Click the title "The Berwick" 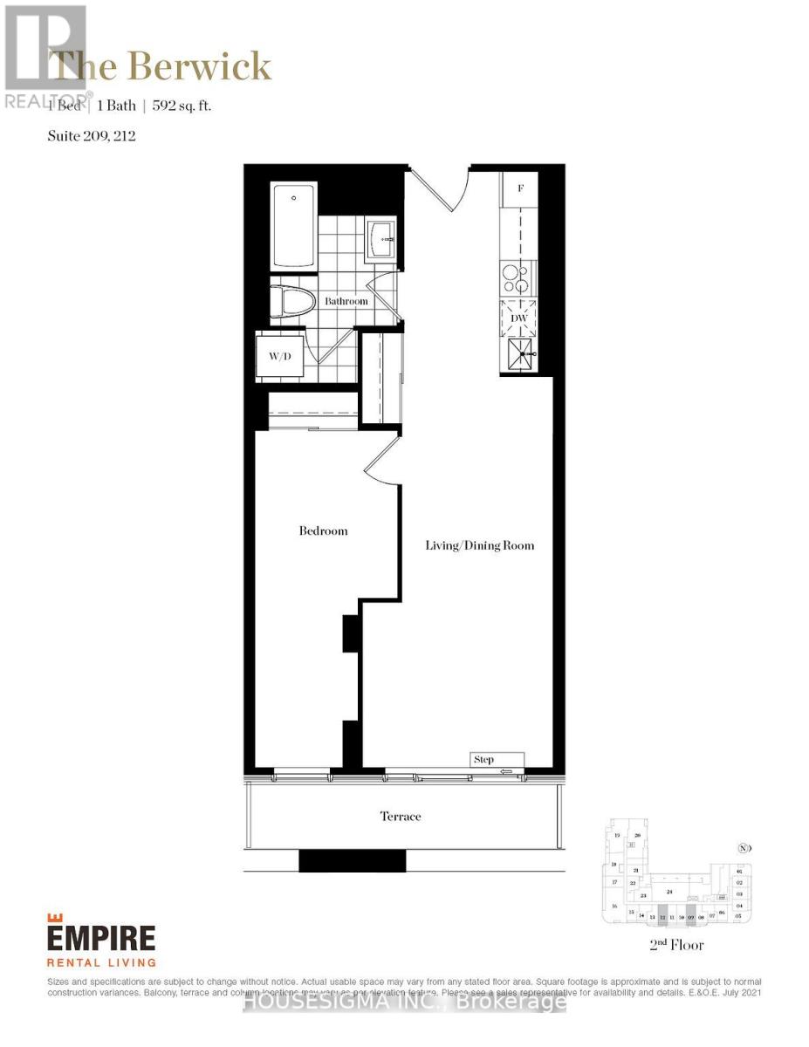(161, 67)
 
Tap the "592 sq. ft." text (182, 106)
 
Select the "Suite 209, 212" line (93, 135)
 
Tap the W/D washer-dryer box (279, 356)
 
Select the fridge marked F (520, 188)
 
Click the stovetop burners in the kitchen (517, 279)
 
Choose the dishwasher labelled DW (518, 318)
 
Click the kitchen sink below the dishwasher (520, 355)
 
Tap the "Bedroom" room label (323, 530)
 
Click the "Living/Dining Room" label (479, 545)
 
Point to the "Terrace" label (401, 817)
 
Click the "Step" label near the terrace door (484, 760)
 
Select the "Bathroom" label (346, 301)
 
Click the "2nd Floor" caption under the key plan (676, 945)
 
